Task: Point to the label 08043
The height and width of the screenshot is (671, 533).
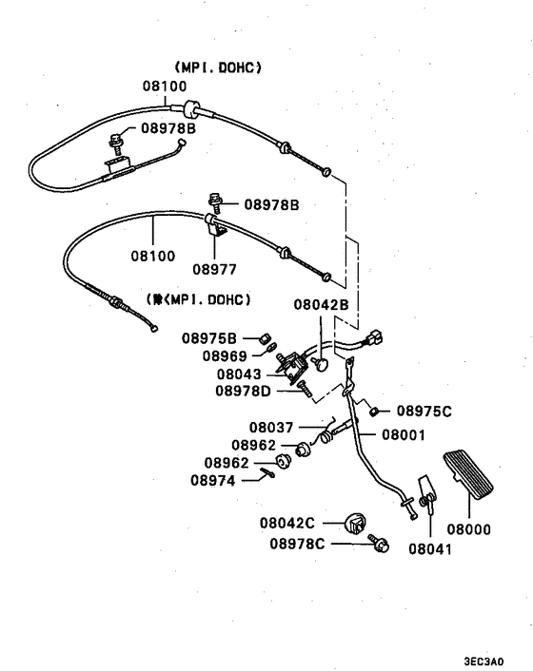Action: [238, 374]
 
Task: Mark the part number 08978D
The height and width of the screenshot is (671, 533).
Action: [243, 391]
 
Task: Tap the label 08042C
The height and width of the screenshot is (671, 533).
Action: [287, 523]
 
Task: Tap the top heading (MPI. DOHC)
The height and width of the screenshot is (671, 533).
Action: [218, 67]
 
